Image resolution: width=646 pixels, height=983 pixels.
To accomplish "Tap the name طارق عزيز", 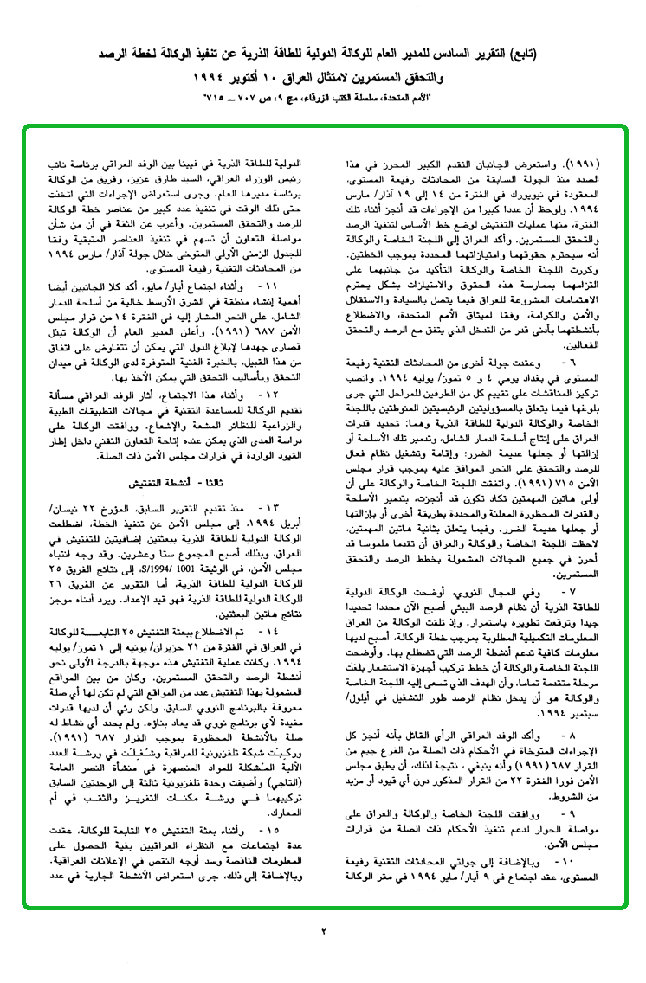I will tap(160, 177).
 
